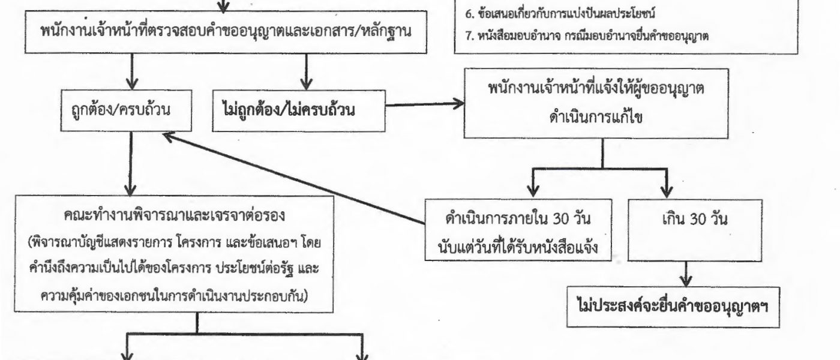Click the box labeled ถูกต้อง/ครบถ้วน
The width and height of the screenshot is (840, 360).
pyautogui.click(x=126, y=110)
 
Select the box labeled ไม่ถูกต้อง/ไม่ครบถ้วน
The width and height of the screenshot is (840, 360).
pyautogui.click(x=299, y=110)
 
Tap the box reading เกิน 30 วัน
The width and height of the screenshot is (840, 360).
pyautogui.click(x=695, y=230)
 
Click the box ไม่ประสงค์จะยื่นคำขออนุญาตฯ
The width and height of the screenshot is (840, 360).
pyautogui.click(x=673, y=307)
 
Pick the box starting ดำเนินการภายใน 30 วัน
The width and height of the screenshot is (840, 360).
pyautogui.click(x=518, y=229)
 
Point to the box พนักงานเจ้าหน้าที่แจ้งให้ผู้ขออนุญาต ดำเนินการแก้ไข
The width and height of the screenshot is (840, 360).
pyautogui.click(x=596, y=103)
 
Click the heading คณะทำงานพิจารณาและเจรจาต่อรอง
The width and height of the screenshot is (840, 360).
pyautogui.click(x=175, y=215)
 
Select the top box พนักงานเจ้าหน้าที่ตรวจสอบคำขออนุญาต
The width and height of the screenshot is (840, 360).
pyautogui.click(x=226, y=32)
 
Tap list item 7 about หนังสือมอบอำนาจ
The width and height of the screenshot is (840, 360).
pyautogui.click(x=587, y=36)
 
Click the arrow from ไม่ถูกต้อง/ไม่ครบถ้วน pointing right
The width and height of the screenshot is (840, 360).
pyautogui.click(x=425, y=104)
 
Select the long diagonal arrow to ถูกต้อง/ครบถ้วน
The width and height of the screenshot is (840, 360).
pyautogui.click(x=294, y=179)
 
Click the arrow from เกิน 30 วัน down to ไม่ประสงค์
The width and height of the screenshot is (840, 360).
pyautogui.click(x=686, y=274)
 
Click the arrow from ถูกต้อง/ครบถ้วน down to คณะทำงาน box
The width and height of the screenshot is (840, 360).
pyautogui.click(x=131, y=163)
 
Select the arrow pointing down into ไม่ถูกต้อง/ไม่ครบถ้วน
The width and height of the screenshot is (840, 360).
pyautogui.click(x=307, y=71)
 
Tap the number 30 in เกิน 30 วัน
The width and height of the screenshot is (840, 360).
pyautogui.click(x=697, y=220)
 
